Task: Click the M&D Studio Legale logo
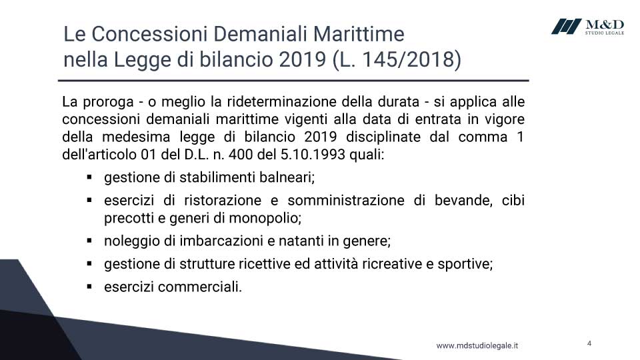pyautogui.click(x=587, y=27)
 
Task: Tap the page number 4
pyautogui.click(x=589, y=343)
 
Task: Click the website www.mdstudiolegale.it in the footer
pyautogui.click(x=477, y=346)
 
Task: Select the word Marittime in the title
pyautogui.click(x=359, y=34)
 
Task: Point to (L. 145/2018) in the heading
pyautogui.click(x=397, y=59)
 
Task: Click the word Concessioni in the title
pyautogui.click(x=149, y=34)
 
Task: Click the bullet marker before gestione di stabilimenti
pyautogui.click(x=89, y=177)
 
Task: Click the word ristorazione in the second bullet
pyautogui.click(x=223, y=201)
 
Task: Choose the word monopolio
pyautogui.click(x=265, y=219)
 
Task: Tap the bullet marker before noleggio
pyautogui.click(x=89, y=241)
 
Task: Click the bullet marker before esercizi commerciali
pyautogui.click(x=89, y=287)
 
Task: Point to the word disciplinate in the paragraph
pyautogui.click(x=383, y=137)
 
